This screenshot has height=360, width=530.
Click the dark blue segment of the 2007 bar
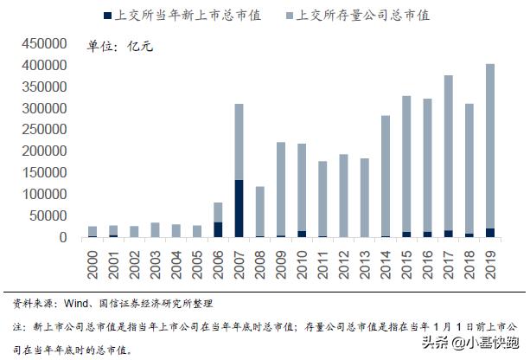click(x=238, y=208)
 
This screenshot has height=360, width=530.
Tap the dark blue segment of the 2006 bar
click(x=217, y=229)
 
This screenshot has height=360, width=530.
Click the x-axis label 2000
click(x=93, y=260)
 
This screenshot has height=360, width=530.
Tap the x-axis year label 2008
click(x=260, y=260)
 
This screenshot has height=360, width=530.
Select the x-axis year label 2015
click(x=407, y=260)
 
